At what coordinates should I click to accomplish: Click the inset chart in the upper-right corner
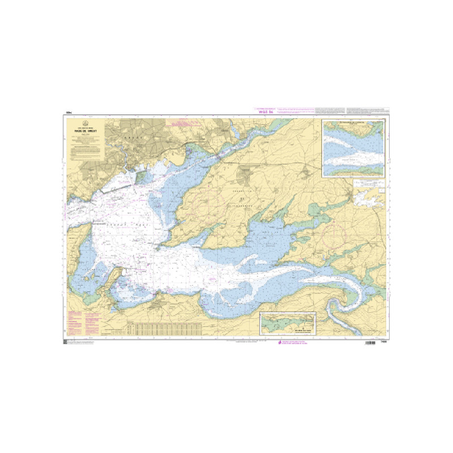[x=353, y=147]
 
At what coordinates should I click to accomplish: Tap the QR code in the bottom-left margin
[x=65, y=343]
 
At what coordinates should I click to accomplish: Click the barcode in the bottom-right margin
[x=371, y=343]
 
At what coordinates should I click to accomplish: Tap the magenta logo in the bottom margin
[x=278, y=343]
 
